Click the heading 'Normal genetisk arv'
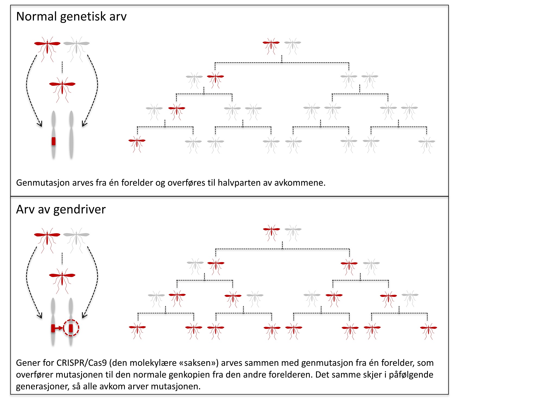(71, 17)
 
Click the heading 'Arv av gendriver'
(61, 209)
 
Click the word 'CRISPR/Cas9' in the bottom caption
(81, 363)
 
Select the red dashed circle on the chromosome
(71, 328)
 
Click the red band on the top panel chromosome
(53, 141)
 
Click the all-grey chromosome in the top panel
(71, 134)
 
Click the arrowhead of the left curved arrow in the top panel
(40, 124)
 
